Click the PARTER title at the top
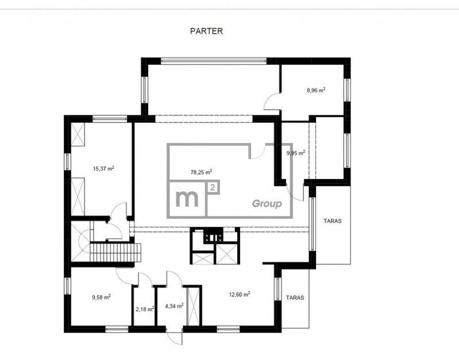pos(206,31)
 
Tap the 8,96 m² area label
pos(316,90)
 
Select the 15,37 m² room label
pos(103,169)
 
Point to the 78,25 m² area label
pos(201,172)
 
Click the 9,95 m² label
pos(296,153)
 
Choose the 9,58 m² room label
pos(101,297)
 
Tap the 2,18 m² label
pos(145,309)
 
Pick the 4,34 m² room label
pos(174,306)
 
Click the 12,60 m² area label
pos(239,295)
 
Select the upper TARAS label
pos(333,221)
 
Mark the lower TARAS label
pos(295,297)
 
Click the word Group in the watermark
pos(267,204)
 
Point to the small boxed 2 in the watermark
pos(213,187)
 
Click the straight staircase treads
pos(115,253)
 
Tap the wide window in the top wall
pos(214,61)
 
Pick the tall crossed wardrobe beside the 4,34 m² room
pos(192,307)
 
